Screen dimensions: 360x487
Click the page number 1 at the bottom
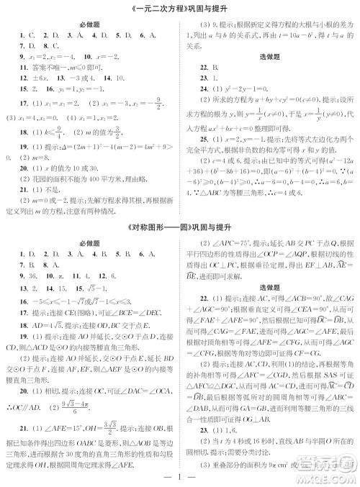(180, 475)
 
